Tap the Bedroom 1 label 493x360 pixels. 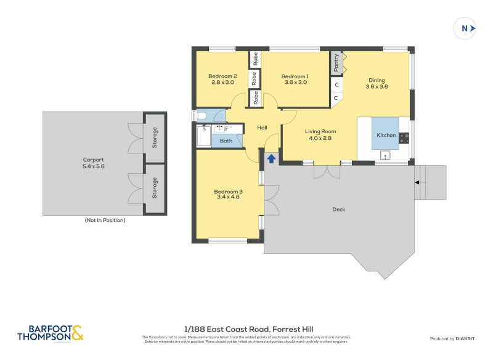pyautogui.click(x=295, y=76)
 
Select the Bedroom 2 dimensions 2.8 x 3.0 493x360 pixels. pyautogui.click(x=223, y=82)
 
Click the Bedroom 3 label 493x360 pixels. pyautogui.click(x=228, y=192)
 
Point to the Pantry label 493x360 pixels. pyautogui.click(x=336, y=61)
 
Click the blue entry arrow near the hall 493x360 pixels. pyautogui.click(x=271, y=159)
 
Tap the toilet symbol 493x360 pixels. pyautogui.click(x=201, y=115)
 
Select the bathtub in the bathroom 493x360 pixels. pyautogui.click(x=203, y=136)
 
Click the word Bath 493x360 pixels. pyautogui.click(x=226, y=141)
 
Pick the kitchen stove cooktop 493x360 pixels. pyautogui.click(x=404, y=138)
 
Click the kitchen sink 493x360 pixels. pyautogui.click(x=386, y=155)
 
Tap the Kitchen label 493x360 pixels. pyautogui.click(x=386, y=135)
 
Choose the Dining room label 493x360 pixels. pyautogui.click(x=377, y=80)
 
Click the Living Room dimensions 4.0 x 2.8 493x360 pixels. pyautogui.click(x=320, y=138)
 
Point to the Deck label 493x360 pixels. pyautogui.click(x=338, y=210)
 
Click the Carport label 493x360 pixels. pyautogui.click(x=93, y=160)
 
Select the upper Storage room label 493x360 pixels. pyautogui.click(x=155, y=137)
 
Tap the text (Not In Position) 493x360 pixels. pyautogui.click(x=105, y=220)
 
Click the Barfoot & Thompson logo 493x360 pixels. pyautogui.click(x=50, y=333)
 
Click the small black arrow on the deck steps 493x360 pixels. pyautogui.click(x=417, y=182)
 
